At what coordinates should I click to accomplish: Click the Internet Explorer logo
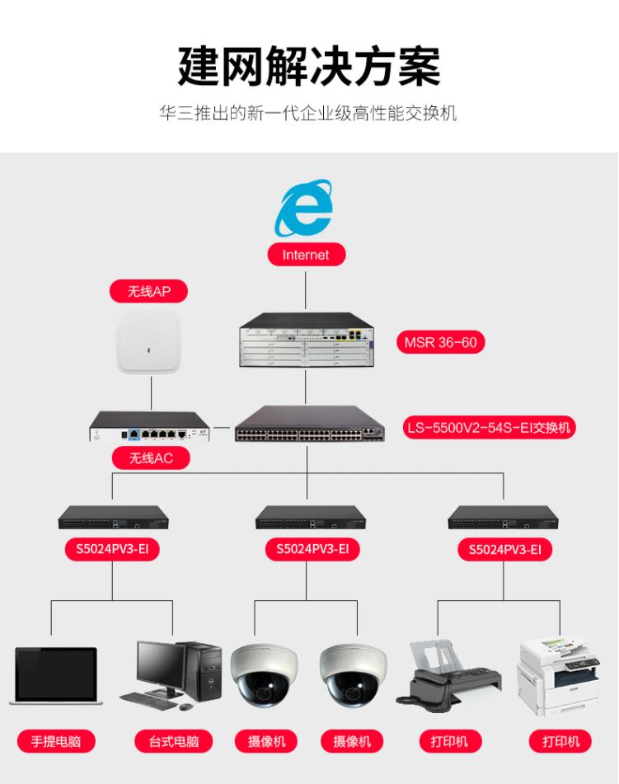[x=306, y=207]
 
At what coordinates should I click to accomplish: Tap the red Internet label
[x=306, y=255]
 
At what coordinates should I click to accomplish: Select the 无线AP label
[x=148, y=292]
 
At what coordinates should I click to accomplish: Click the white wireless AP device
[x=149, y=342]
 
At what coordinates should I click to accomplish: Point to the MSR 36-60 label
[x=440, y=342]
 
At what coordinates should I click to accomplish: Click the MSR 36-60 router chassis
[x=306, y=340]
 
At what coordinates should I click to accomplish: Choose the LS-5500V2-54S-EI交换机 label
[x=490, y=428]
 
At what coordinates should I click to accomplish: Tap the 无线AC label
[x=150, y=458]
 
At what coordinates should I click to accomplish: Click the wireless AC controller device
[x=149, y=426]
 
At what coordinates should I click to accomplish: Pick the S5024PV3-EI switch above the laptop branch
[x=113, y=518]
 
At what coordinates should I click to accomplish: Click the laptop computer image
[x=56, y=676]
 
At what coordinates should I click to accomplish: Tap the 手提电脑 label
[x=56, y=741]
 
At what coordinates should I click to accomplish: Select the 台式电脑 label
[x=174, y=741]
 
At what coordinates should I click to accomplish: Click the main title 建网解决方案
[x=309, y=66]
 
